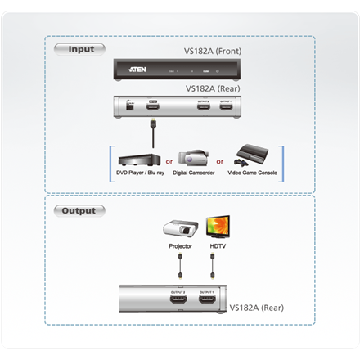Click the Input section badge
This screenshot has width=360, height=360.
point(79,48)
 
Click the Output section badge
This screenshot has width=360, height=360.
point(79,210)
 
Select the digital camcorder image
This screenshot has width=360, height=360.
point(192,158)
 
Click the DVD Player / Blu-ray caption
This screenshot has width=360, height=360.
point(141,174)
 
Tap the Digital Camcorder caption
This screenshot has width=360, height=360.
point(195,174)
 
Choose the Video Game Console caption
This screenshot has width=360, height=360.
point(252,174)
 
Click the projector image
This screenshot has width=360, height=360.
point(182,229)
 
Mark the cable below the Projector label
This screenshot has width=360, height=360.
point(179,263)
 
